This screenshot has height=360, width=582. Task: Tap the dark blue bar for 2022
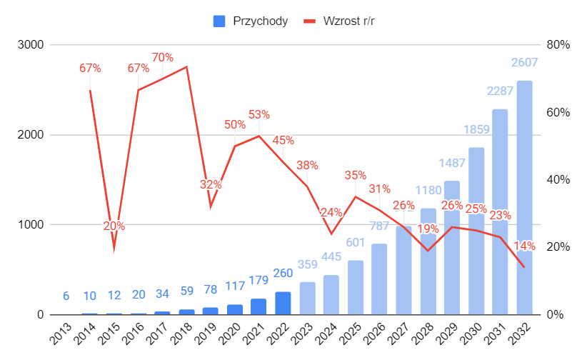coord(283,304)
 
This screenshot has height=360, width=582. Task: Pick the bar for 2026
coord(379,279)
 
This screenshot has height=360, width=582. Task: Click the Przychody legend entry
coord(251,21)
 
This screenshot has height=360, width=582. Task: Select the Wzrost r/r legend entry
coord(340,21)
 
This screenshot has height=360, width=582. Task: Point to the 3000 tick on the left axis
coord(30,45)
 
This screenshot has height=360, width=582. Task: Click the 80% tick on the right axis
coord(558,45)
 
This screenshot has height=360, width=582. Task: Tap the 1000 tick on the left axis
coord(30,225)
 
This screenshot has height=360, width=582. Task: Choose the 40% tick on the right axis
coord(558,180)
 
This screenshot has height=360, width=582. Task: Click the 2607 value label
coord(524,63)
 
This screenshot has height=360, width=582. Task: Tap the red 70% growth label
coord(162,57)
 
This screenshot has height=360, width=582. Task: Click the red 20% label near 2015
coord(114,226)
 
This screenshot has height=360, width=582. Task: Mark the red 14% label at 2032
coord(524,246)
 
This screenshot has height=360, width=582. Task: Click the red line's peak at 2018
coord(186,66)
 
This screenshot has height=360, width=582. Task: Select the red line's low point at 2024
coord(331,234)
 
